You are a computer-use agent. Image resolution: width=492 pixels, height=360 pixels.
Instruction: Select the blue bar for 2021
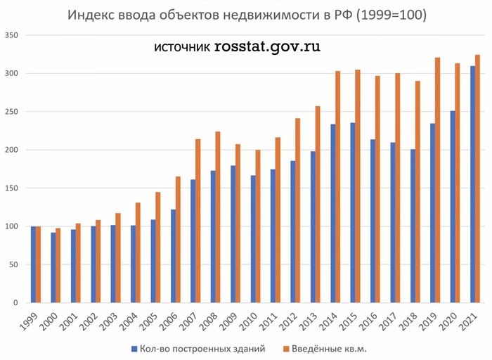[x=472, y=184]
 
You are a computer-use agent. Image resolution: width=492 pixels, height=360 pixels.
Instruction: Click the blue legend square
[x=133, y=348]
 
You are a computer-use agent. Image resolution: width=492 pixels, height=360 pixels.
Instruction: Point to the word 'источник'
[x=181, y=49]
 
